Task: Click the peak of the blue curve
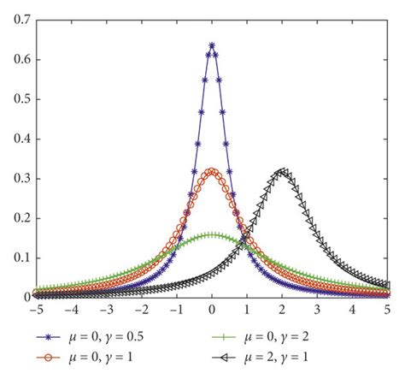click(211, 45)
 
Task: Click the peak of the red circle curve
click(211, 171)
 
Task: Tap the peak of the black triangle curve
click(282, 171)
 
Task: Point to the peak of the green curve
click(211, 234)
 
